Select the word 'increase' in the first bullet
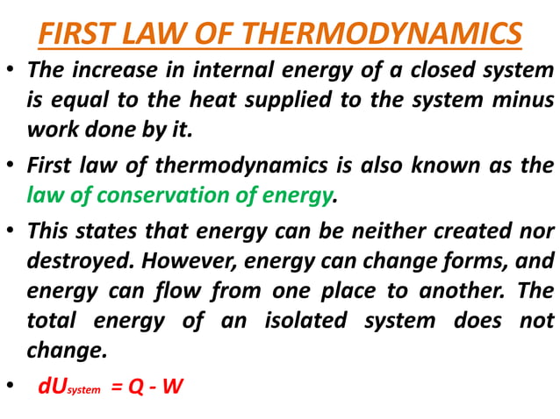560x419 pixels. [114, 69]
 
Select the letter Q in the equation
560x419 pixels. [138, 385]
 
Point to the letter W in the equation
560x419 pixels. [173, 385]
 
